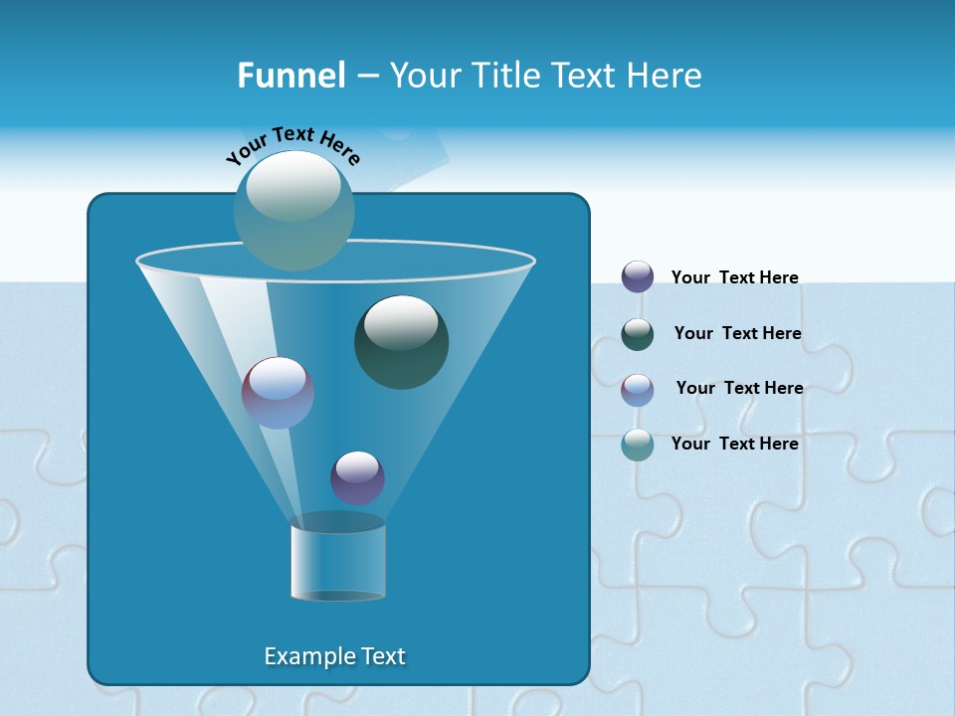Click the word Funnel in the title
[290, 76]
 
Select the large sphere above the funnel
[293, 211]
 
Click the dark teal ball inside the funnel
[401, 341]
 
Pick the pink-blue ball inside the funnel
[278, 393]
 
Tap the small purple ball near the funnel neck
[357, 477]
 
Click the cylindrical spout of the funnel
[337, 559]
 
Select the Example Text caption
[334, 656]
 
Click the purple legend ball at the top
[638, 276]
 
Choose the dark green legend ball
[638, 334]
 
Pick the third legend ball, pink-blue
[638, 389]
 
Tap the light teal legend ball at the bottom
[638, 445]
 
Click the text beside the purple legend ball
[734, 277]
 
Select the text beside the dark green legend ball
[737, 333]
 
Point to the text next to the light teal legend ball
[734, 444]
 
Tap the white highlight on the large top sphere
[292, 186]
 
